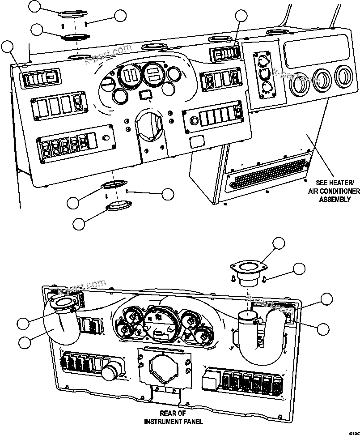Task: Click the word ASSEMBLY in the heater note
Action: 335,199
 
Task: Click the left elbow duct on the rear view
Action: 63,320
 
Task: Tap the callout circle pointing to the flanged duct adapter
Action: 279,243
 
